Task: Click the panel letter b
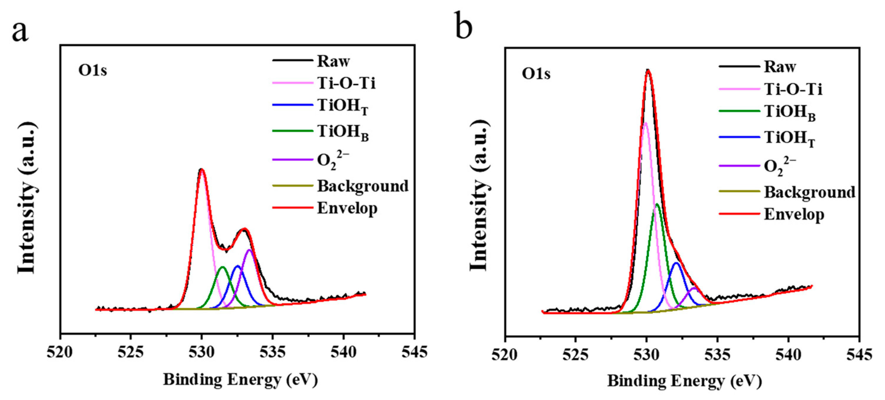point(463,26)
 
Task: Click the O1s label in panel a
point(92,71)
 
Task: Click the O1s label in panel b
point(536,74)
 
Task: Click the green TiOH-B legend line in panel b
point(739,111)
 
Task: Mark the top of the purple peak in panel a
point(250,250)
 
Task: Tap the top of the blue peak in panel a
point(237,266)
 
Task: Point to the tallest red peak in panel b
point(648,70)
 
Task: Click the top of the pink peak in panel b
point(645,123)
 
